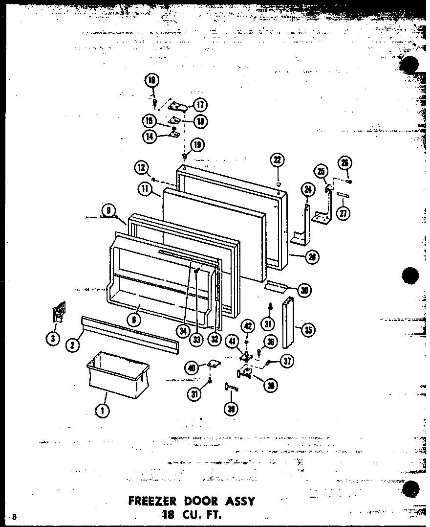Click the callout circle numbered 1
coord(103,412)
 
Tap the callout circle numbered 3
coord(53,338)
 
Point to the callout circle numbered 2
coord(72,345)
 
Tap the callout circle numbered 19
coord(197,145)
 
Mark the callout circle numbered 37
coord(288,362)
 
